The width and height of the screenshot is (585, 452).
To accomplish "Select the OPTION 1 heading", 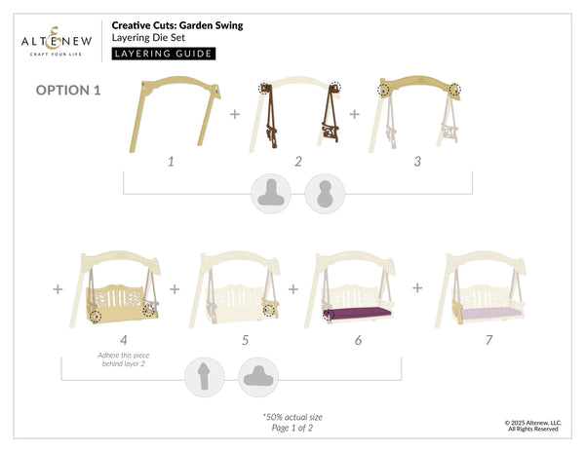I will pos(68,91).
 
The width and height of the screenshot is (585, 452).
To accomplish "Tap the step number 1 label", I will pos(171,161).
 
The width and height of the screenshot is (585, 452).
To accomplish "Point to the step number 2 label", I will pos(298,161).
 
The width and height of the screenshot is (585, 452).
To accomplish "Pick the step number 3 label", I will pos(417,161).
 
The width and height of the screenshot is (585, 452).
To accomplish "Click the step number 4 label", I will pos(124,340).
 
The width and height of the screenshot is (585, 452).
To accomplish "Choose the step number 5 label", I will pos(245,340).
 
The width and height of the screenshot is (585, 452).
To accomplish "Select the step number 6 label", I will pos(358,340).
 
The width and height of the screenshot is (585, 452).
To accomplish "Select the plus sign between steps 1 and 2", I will pos(234,114).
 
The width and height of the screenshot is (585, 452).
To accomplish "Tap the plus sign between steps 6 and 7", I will pos(417,288).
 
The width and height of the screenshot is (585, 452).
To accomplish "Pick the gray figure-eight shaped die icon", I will pos(322,193).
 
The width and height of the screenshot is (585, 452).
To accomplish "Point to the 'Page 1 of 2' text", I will pos(292,430).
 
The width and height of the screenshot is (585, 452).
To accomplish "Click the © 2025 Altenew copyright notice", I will pos(531,426).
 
